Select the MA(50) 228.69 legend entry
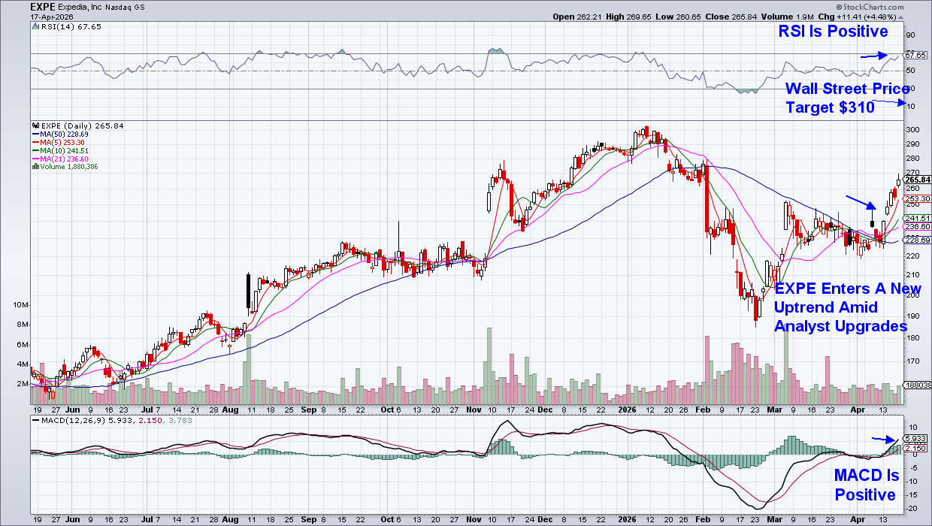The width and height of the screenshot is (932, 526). click(x=62, y=135)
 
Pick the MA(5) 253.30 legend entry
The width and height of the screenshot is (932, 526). click(x=60, y=143)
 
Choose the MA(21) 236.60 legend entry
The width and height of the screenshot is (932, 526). click(x=62, y=159)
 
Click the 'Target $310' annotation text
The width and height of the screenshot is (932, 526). click(x=830, y=107)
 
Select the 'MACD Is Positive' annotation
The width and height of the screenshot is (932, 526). click(x=866, y=485)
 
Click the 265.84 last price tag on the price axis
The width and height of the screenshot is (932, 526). click(x=918, y=180)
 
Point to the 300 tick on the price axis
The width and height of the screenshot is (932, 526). click(x=912, y=129)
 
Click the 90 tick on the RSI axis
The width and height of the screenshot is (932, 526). click(x=909, y=35)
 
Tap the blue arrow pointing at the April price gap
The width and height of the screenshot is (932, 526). click(x=860, y=202)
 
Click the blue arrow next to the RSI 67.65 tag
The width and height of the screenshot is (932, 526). click(x=873, y=56)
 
